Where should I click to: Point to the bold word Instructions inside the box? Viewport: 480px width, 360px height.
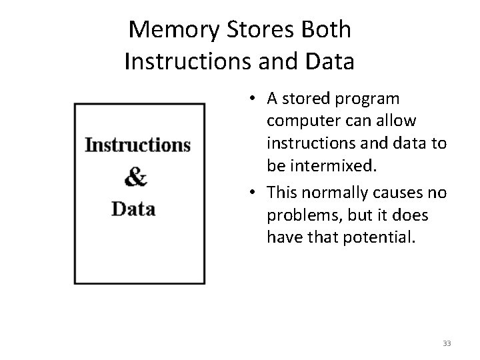138,145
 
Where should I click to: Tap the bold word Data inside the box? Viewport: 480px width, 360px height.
133,209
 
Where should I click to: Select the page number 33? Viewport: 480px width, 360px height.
447,343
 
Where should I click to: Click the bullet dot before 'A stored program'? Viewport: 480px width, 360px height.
255,99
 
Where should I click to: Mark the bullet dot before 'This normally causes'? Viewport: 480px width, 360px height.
255,193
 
